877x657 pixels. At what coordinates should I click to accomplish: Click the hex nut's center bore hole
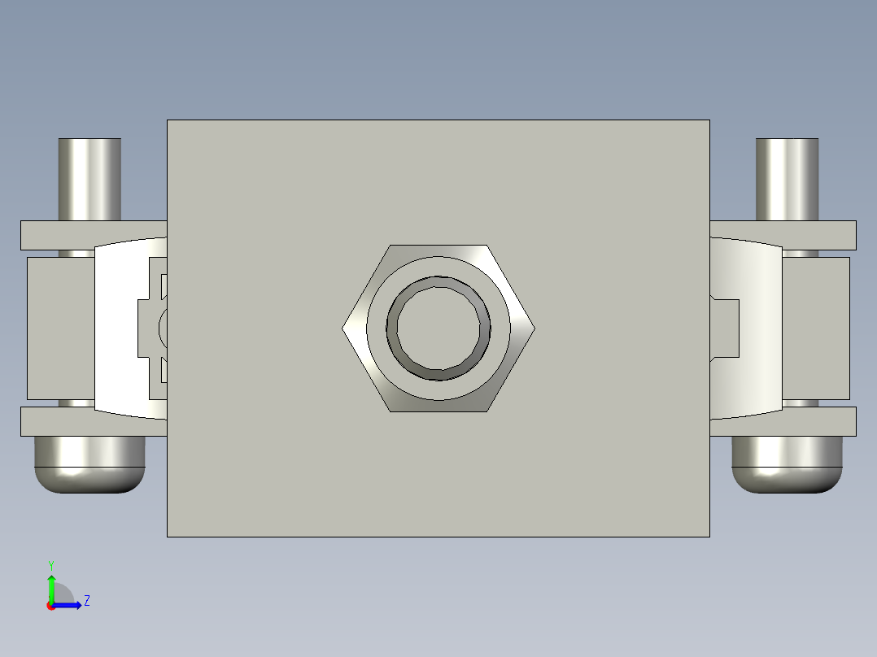click(x=438, y=328)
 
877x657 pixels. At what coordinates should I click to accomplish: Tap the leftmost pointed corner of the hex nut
click(x=343, y=328)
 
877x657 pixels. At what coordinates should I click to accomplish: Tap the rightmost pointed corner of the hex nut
click(x=534, y=328)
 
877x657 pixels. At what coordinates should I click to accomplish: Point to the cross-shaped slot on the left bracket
click(x=153, y=328)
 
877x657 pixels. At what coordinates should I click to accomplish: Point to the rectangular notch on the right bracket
click(x=726, y=328)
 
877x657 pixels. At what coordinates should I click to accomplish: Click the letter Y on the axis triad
click(x=50, y=564)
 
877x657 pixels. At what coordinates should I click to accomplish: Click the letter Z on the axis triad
click(x=86, y=601)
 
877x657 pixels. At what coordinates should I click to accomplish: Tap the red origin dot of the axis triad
click(x=51, y=606)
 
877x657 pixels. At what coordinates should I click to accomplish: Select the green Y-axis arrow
click(x=51, y=587)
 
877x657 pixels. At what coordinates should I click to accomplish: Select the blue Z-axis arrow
click(x=69, y=605)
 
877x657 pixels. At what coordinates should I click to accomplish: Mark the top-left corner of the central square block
click(x=168, y=121)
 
